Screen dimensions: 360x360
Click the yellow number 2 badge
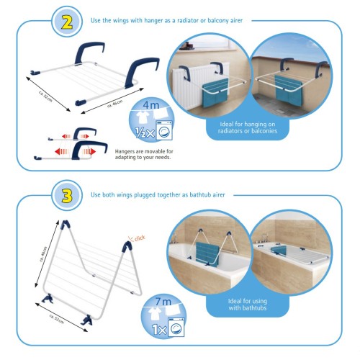[x=67, y=22]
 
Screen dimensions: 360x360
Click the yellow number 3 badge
[x=67, y=196]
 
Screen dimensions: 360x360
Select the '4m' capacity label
[x=151, y=105]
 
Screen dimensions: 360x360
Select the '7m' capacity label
[x=163, y=302]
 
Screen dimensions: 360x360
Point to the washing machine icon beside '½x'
[x=164, y=130]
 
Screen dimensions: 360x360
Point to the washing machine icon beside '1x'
[x=176, y=327]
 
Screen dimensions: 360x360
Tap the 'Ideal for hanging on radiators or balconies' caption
[x=248, y=127]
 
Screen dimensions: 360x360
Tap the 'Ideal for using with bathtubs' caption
[x=248, y=305]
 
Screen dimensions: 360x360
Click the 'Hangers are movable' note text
[x=144, y=154]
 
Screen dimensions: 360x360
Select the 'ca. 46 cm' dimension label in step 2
[x=115, y=104]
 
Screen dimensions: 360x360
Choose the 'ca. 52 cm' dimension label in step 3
[x=57, y=319]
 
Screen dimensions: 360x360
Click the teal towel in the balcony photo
[x=288, y=91]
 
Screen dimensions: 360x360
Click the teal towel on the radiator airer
[x=215, y=93]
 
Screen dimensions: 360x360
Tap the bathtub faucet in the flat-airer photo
[x=264, y=238]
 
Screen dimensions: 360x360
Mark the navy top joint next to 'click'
[x=127, y=246]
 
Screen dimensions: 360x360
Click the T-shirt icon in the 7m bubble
[x=153, y=314]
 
